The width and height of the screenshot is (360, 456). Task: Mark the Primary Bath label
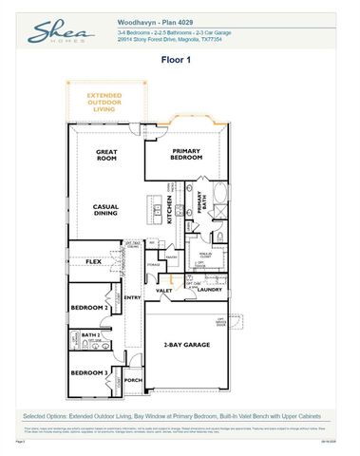pos(201,202)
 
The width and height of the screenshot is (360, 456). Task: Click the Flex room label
pos(93,260)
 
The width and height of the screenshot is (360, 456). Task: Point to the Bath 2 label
pos(90,335)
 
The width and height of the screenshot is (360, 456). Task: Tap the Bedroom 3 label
pos(90,371)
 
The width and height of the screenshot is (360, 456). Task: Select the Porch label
pos(133,381)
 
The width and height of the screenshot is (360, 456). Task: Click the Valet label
pos(164,291)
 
